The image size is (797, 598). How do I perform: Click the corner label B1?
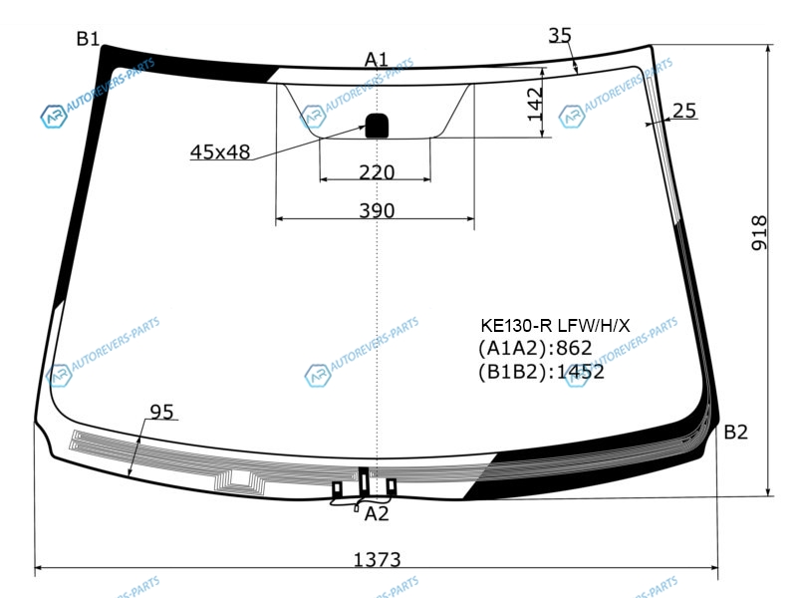click(x=88, y=39)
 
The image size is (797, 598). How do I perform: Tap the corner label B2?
click(x=735, y=433)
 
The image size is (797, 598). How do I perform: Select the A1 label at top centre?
click(x=377, y=60)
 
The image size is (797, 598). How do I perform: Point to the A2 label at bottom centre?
click(x=377, y=514)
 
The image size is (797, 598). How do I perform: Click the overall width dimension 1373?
click(x=377, y=560)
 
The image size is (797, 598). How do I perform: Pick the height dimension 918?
click(x=759, y=233)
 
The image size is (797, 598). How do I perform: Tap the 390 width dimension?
click(x=377, y=210)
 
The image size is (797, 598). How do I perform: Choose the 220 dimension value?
click(x=377, y=172)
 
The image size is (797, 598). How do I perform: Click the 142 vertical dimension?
click(x=535, y=105)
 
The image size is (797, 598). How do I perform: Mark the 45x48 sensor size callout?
click(x=220, y=151)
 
